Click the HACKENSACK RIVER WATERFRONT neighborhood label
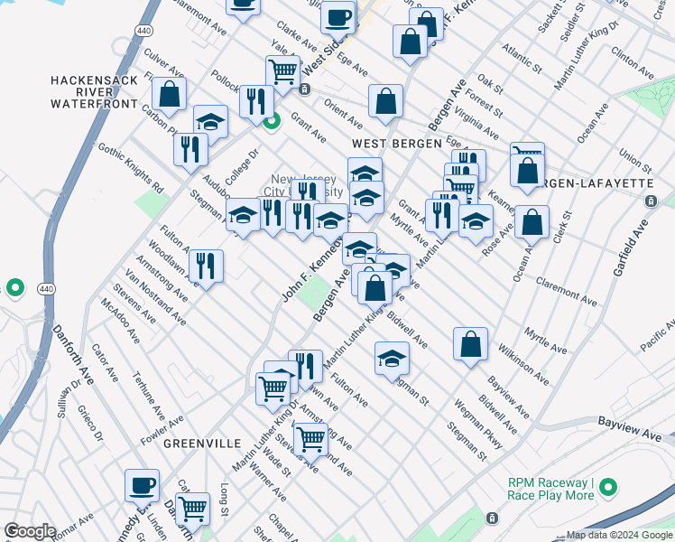(94, 92)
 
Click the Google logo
(30, 531)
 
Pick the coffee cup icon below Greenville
(142, 485)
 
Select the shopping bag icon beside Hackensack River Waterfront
(169, 93)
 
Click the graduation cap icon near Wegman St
(392, 359)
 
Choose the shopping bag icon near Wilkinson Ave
(470, 343)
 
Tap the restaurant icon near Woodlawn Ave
(207, 266)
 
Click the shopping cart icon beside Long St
(192, 509)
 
